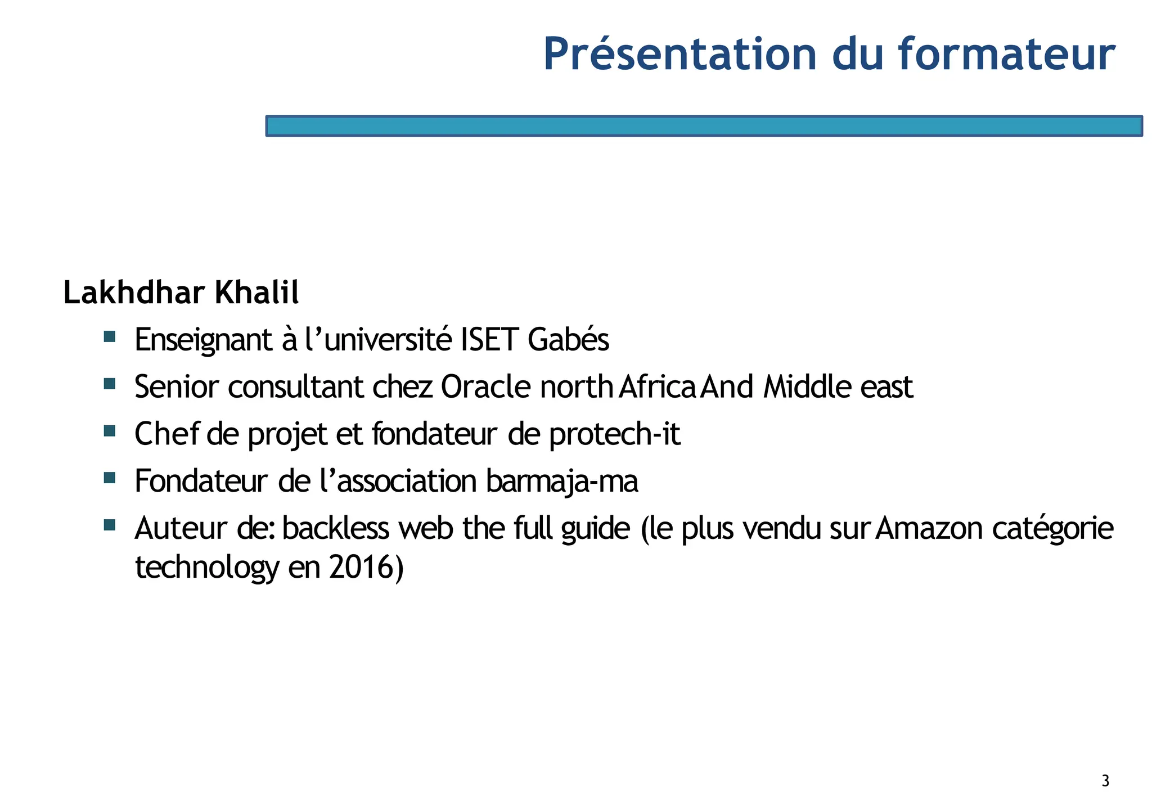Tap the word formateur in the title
coord(1006,55)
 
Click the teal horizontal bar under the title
coord(704,126)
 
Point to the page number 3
coord(1105,781)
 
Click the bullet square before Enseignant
coord(110,337)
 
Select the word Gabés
coord(569,340)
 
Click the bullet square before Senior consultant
coord(110,384)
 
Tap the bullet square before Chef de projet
coord(110,431)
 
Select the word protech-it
coord(614,435)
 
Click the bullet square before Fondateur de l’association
coord(110,479)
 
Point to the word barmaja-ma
coord(562,482)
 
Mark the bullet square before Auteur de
coord(110,525)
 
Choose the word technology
coord(206,568)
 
